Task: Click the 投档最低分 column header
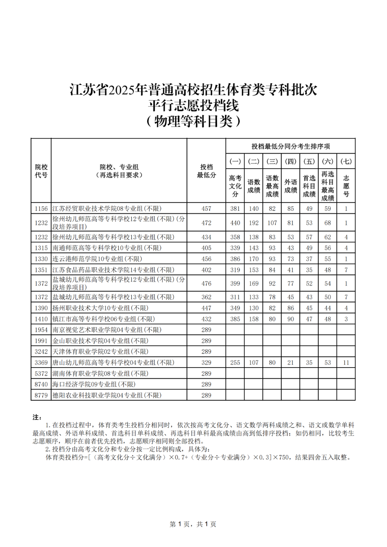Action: [x=206, y=171]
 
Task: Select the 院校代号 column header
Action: [x=41, y=171]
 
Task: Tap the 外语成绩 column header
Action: [x=291, y=186]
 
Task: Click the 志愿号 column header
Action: [x=346, y=186]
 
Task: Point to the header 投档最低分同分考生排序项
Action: [x=290, y=146]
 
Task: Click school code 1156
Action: [x=41, y=208]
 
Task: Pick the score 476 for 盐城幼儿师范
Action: [x=206, y=283]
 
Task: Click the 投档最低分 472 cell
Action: [x=206, y=223]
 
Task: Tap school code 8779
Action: [x=41, y=395]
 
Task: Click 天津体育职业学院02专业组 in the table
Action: [x=100, y=351]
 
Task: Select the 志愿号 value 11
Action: [x=346, y=363]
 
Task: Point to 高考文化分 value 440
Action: [x=235, y=223]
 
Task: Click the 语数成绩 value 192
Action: [x=254, y=223]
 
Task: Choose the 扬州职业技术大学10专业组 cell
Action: [x=100, y=308]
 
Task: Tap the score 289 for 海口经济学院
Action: [x=206, y=384]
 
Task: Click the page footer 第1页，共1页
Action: [x=193, y=524]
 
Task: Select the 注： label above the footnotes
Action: [x=37, y=417]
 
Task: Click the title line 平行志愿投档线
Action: [x=193, y=105]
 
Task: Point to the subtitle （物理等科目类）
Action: [x=193, y=121]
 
